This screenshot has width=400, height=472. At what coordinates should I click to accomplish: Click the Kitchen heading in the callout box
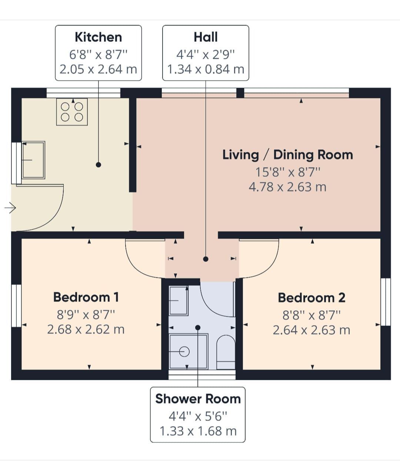[99, 37]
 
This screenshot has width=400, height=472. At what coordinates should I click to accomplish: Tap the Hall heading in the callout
[206, 37]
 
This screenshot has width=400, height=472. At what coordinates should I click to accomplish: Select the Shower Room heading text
[198, 399]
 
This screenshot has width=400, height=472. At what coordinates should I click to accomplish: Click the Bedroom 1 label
[86, 297]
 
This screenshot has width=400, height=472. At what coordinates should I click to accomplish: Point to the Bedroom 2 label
[311, 297]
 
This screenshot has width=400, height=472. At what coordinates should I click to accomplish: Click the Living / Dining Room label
[287, 155]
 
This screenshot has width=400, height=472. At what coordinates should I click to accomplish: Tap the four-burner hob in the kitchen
[72, 112]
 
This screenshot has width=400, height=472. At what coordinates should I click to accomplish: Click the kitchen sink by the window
[33, 160]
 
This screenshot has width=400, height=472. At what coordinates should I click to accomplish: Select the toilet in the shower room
[226, 352]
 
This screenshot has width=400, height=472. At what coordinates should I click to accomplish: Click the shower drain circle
[184, 352]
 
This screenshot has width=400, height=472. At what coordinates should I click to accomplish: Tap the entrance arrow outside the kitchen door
[10, 208]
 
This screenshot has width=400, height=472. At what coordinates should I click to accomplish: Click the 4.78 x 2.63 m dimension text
[287, 187]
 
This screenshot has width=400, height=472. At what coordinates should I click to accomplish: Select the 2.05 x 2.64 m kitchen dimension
[99, 69]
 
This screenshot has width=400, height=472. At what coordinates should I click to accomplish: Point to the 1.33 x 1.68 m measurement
[198, 431]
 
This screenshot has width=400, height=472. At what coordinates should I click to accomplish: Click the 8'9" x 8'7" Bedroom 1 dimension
[86, 315]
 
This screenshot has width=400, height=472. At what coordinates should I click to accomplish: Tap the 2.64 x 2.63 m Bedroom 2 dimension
[311, 330]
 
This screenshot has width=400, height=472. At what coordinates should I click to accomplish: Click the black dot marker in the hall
[206, 259]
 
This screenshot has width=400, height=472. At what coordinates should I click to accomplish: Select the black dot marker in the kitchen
[99, 165]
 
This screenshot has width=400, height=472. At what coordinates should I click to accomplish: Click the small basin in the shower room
[179, 300]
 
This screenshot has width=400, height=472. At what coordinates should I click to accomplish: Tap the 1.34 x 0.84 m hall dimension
[206, 69]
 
